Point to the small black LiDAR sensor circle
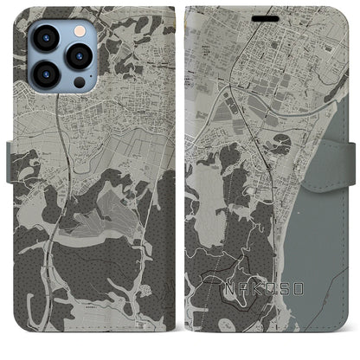pyautogui.click(x=80, y=83)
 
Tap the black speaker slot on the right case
pyautogui.click(x=271, y=16)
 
